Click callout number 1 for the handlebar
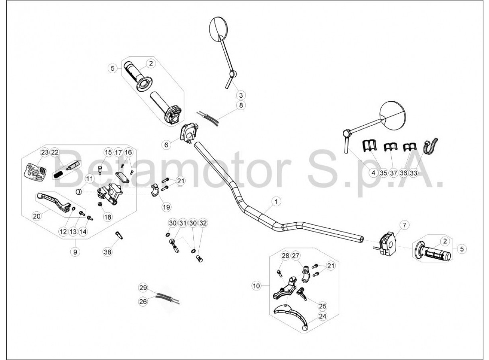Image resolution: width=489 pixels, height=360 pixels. (276, 202)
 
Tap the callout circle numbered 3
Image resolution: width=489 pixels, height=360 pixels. (241, 95)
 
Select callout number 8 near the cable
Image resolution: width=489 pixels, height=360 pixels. (241, 105)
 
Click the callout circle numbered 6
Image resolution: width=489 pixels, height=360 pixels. (166, 145)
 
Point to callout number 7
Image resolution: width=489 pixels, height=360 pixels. (405, 225)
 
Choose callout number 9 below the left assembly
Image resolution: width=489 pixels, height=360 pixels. (75, 252)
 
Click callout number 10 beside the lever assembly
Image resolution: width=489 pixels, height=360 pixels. (257, 286)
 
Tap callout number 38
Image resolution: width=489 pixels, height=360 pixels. (108, 252)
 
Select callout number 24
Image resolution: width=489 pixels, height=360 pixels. (323, 316)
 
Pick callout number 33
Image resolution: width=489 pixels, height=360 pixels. (413, 173)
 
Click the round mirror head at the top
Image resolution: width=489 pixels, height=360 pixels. (218, 29)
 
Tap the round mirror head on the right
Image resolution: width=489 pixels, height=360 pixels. (393, 115)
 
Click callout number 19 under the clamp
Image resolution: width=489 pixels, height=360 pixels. (166, 207)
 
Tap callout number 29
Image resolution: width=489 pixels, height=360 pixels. (143, 288)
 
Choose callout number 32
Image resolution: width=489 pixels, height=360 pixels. (203, 223)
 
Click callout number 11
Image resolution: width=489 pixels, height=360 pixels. (89, 179)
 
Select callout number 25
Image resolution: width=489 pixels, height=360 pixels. (323, 306)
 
